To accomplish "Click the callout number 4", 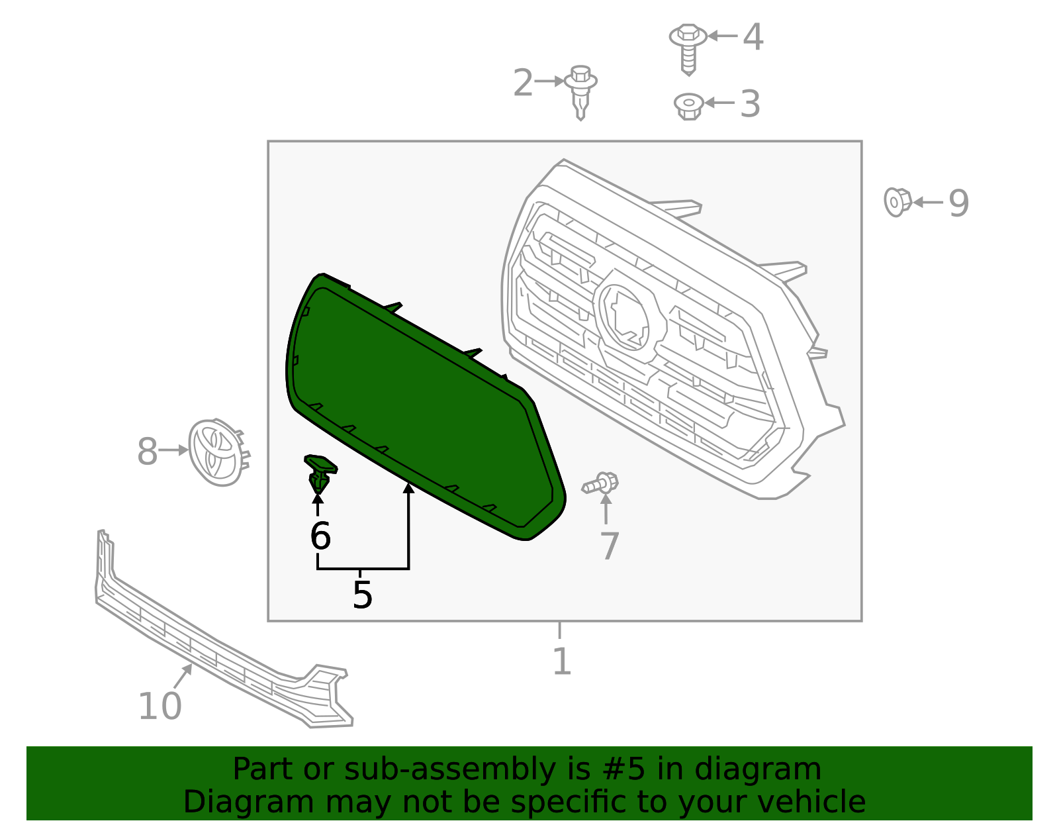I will tap(753, 37).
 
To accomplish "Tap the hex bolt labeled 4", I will tap(688, 46).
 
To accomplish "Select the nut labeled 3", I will tap(688, 105).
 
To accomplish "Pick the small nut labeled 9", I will tap(897, 201).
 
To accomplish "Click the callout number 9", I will tap(958, 203).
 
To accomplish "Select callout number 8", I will tap(147, 452).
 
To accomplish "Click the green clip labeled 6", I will tap(320, 471).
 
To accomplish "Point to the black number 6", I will tap(320, 536).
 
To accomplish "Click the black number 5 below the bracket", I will tap(362, 595).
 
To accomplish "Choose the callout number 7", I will tap(609, 546).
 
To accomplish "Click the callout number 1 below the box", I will tap(561, 661).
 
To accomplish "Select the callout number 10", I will tap(160, 706).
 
